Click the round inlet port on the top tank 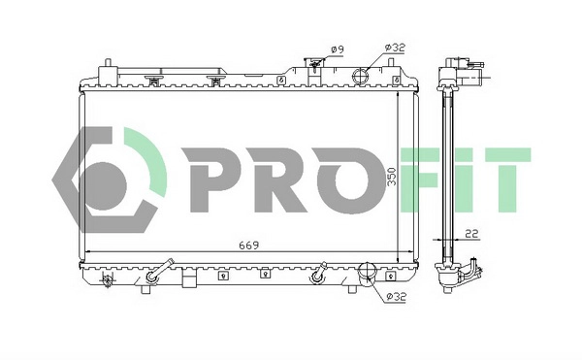pyautogui.click(x=362, y=76)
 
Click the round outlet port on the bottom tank pyautogui.click(x=369, y=274)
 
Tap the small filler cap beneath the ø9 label pyautogui.click(x=313, y=68)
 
